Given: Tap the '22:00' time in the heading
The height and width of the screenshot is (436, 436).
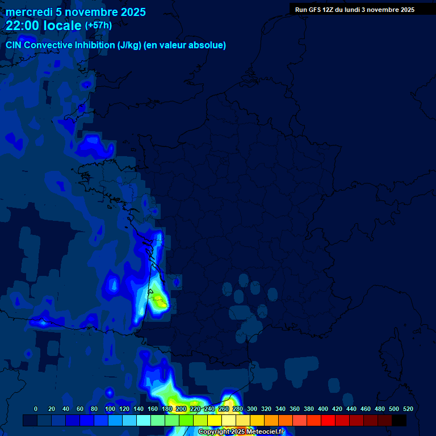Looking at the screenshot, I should [x=23, y=26].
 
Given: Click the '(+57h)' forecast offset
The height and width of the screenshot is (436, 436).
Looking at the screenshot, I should [x=98, y=26].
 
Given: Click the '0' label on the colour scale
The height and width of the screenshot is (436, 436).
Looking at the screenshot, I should [x=36, y=409].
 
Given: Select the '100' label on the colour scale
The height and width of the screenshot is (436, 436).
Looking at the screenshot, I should [x=110, y=409].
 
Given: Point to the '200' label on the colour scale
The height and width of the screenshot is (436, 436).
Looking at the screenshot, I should [x=181, y=409].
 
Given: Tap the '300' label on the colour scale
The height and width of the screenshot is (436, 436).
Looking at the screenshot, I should [x=252, y=409].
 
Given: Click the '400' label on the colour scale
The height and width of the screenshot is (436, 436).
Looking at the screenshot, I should [x=323, y=409].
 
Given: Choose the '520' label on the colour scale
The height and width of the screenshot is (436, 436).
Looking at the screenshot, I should [x=408, y=409].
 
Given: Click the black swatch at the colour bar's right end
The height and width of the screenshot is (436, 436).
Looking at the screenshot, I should [x=399, y=420].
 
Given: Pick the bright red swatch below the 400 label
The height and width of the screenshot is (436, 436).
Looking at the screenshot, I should [x=328, y=420].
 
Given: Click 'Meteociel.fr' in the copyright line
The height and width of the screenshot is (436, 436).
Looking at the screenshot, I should [x=266, y=432].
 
